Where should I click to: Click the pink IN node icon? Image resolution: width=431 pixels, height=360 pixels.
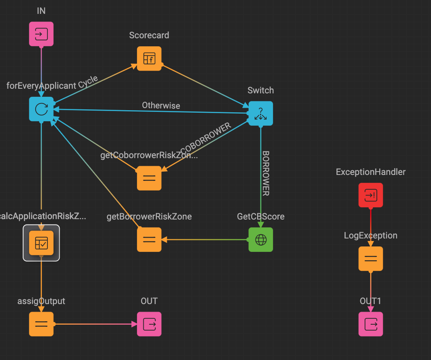41,34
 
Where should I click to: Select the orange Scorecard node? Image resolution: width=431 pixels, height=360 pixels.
149,58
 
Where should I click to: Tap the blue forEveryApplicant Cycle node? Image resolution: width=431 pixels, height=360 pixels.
41,109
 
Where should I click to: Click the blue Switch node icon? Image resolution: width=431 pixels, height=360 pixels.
260,113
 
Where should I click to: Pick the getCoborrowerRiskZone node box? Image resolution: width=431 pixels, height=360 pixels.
149,178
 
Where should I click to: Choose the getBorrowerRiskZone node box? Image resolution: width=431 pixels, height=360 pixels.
149,240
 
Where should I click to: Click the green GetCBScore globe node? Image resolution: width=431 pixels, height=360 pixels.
260,240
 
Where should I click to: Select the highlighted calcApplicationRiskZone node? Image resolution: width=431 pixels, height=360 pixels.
41,243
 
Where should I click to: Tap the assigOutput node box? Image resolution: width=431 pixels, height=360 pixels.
41,324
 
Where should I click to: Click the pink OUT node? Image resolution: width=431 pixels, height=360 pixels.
149,324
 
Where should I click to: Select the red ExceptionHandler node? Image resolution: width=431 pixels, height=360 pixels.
371,195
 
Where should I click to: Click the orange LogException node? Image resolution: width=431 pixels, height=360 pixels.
371,259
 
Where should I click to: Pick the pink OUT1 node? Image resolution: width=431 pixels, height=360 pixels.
371,324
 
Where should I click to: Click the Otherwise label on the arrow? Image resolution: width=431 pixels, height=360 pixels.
161,106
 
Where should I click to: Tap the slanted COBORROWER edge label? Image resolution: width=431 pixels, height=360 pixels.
206,140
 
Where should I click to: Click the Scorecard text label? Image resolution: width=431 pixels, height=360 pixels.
149,35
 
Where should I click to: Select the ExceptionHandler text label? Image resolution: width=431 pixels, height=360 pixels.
371,172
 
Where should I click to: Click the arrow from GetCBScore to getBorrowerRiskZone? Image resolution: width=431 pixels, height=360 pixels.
206,240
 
